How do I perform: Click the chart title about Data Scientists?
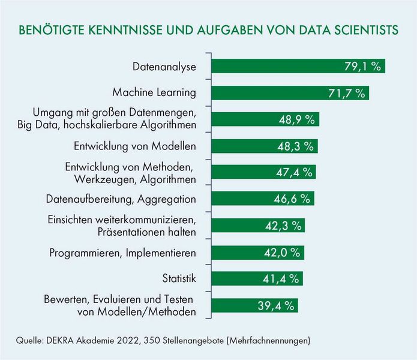(208, 31)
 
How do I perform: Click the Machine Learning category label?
(155, 92)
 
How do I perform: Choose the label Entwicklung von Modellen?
(135, 146)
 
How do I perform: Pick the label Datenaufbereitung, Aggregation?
(121, 199)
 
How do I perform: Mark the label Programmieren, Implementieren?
(123, 253)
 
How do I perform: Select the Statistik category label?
(179, 279)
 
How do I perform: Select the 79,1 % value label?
(363, 66)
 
